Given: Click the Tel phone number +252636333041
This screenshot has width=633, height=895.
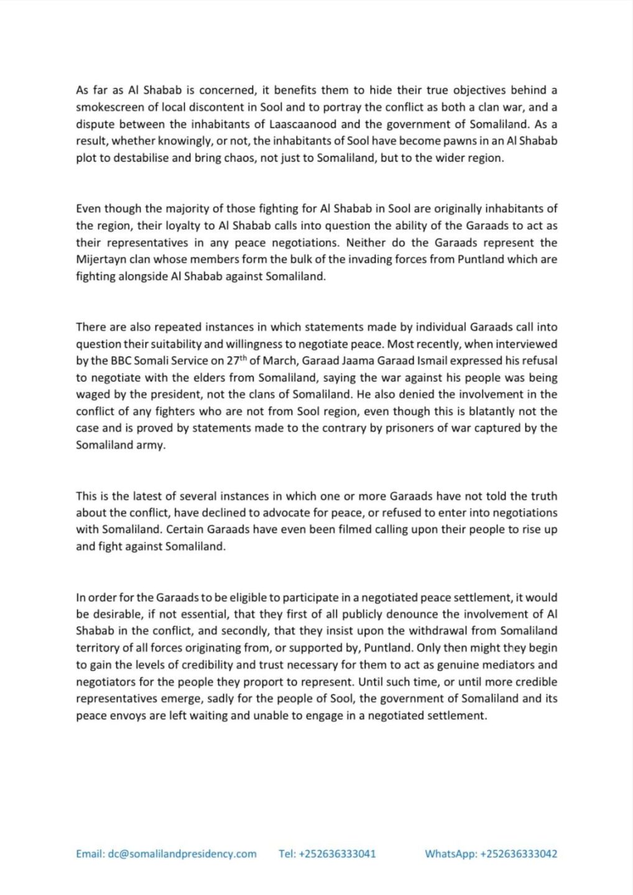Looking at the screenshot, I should pos(337,853).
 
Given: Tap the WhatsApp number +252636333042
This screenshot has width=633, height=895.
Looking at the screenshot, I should pos(519,853).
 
